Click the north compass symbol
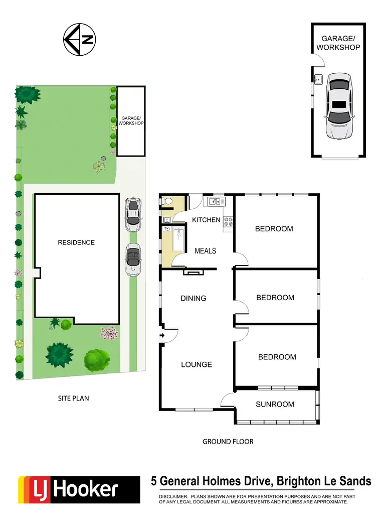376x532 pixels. (80, 40)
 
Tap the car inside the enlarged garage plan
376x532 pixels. (339, 105)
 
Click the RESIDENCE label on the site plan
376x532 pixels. (76, 242)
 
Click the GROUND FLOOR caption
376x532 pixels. (228, 442)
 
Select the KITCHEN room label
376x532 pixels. (206, 220)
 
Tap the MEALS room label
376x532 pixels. (205, 250)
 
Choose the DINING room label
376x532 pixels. (193, 298)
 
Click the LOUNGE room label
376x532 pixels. (197, 364)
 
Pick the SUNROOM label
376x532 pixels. (275, 404)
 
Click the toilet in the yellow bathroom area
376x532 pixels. (168, 202)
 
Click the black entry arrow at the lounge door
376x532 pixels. (162, 335)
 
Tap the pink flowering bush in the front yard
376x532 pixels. (109, 333)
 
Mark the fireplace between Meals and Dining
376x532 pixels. (191, 272)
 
